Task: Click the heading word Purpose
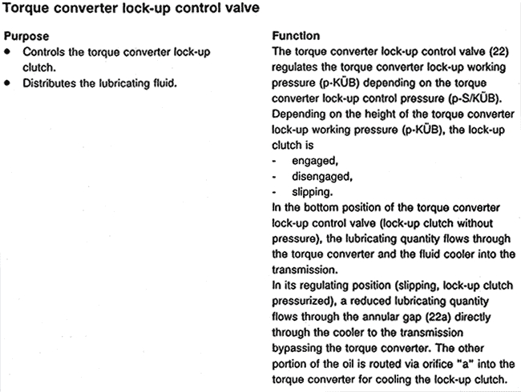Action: tap(26, 36)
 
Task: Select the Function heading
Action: tap(296, 36)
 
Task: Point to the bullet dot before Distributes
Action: tap(8, 82)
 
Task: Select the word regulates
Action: tap(299, 67)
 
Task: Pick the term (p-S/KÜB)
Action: tap(476, 98)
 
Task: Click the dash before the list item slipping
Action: tap(276, 192)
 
